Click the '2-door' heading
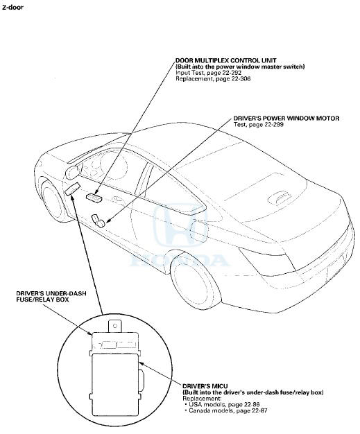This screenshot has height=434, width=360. click(x=12, y=8)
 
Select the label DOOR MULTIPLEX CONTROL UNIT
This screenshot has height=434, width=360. click(x=226, y=60)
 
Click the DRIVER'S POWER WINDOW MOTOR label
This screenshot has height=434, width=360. click(x=286, y=118)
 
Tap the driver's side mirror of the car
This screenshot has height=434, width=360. click(x=73, y=173)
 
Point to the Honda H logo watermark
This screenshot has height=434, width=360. click(x=180, y=226)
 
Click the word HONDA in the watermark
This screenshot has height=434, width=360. click(x=180, y=261)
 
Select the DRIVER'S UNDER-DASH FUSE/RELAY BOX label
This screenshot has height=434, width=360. click(x=51, y=297)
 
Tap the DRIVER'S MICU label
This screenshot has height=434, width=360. click(x=205, y=386)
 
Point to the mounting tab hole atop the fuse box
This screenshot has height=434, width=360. click(x=115, y=326)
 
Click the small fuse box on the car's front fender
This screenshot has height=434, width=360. click(x=73, y=189)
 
